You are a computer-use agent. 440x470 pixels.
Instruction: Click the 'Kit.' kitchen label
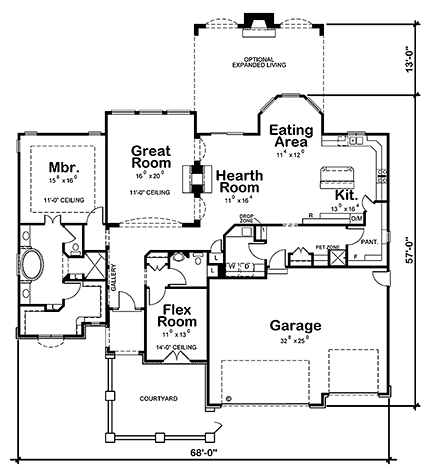click(346, 195)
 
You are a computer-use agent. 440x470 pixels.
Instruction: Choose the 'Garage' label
click(293, 326)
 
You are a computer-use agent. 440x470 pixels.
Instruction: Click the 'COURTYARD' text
click(159, 398)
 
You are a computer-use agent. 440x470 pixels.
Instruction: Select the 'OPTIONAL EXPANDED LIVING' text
click(259, 64)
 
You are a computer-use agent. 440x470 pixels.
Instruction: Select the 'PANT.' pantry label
click(368, 241)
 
